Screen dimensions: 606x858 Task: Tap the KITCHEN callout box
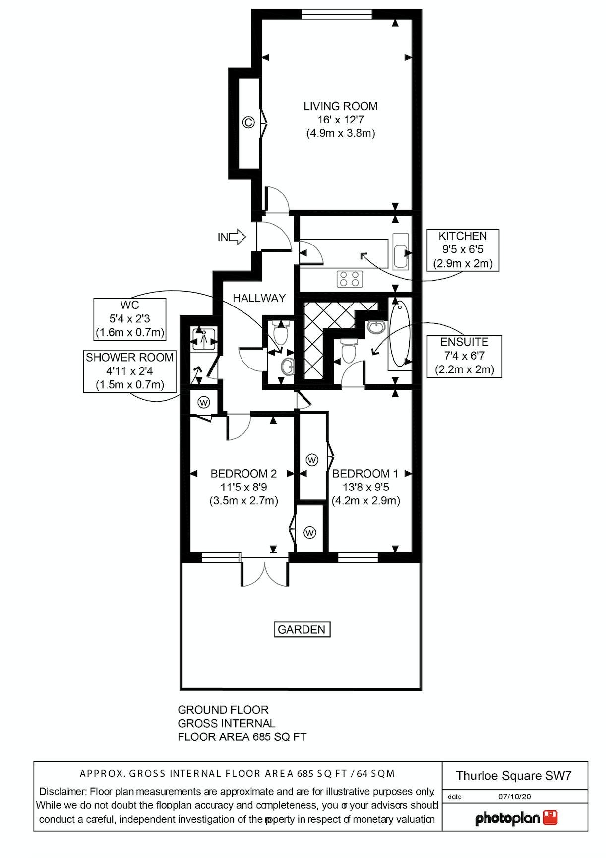click(463, 250)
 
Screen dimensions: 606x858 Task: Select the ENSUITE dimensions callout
click(465, 356)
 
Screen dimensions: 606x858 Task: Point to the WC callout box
click(130, 319)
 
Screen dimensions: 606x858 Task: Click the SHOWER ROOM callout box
click(130, 371)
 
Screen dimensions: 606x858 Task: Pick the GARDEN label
click(302, 629)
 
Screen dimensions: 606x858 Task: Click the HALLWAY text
click(259, 298)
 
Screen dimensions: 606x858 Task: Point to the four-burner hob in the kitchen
click(350, 279)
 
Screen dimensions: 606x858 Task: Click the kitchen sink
click(400, 251)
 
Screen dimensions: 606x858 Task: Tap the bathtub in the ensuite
click(400, 335)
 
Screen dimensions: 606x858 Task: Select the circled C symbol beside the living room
click(248, 122)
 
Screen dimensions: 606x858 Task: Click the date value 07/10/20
click(514, 797)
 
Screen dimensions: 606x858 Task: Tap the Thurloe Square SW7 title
click(514, 776)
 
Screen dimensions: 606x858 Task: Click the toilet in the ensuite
click(349, 351)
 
